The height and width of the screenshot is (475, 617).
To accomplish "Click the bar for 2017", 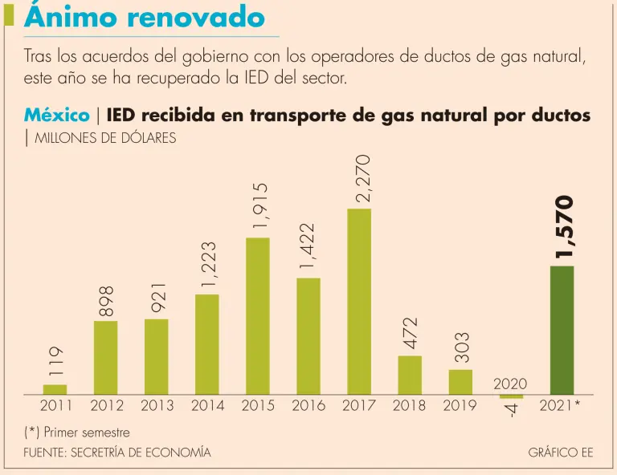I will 359,301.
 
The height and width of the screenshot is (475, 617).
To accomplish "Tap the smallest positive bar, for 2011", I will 55,389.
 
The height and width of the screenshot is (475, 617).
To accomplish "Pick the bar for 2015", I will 258,315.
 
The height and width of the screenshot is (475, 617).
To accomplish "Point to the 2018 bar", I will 410,374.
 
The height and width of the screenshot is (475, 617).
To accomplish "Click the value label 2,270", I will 364,178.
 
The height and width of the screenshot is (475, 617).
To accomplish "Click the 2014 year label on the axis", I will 207,406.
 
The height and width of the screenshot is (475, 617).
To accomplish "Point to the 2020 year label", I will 510,385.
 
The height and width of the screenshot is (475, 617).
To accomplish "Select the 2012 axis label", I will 106,406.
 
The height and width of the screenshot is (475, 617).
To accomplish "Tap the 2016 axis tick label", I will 308,406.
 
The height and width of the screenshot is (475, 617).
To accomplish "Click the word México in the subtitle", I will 56,116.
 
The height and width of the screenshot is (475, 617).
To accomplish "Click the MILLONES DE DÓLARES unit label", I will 105,138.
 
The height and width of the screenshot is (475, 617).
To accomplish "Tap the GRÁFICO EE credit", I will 561,453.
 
